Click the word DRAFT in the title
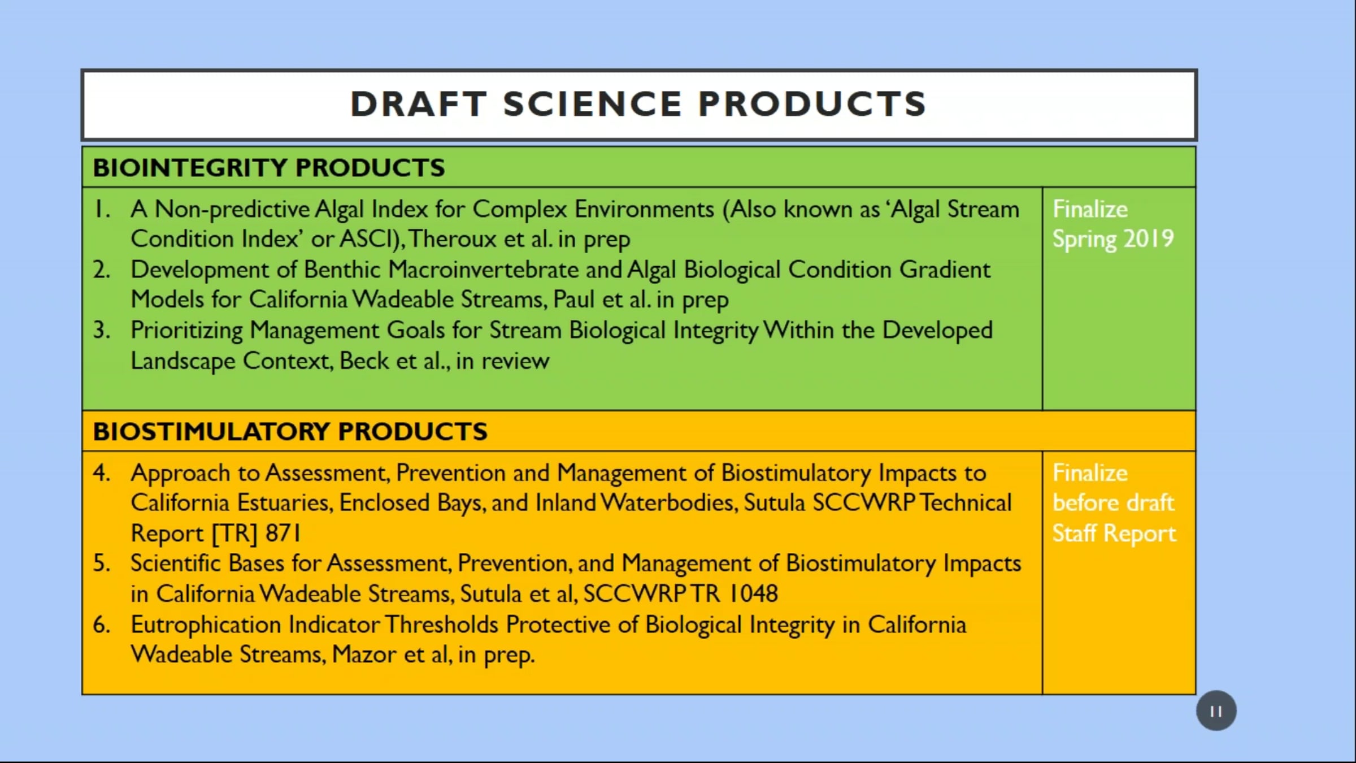tap(419, 104)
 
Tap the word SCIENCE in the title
tap(593, 104)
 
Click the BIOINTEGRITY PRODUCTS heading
tap(269, 168)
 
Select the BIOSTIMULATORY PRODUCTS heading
tap(290, 431)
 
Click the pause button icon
tap(1216, 710)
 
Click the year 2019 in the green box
tap(1149, 239)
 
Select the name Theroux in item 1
tap(452, 239)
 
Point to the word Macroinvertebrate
tap(484, 270)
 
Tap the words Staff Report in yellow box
tap(1114, 534)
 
